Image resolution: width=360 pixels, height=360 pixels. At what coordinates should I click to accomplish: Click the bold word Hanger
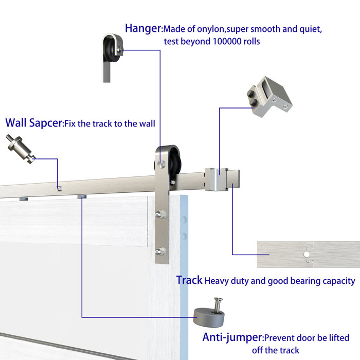[x=143, y=28]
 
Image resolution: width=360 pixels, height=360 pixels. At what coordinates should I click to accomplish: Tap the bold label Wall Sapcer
[x=33, y=123]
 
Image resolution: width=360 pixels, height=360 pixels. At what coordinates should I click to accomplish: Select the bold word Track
[x=189, y=280]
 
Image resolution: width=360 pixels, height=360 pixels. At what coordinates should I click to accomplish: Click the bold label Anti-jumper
[x=232, y=337]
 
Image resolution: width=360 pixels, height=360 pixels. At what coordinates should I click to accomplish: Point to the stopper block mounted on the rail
[x=216, y=178]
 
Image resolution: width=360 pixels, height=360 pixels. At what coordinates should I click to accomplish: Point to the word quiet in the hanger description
[x=310, y=29]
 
